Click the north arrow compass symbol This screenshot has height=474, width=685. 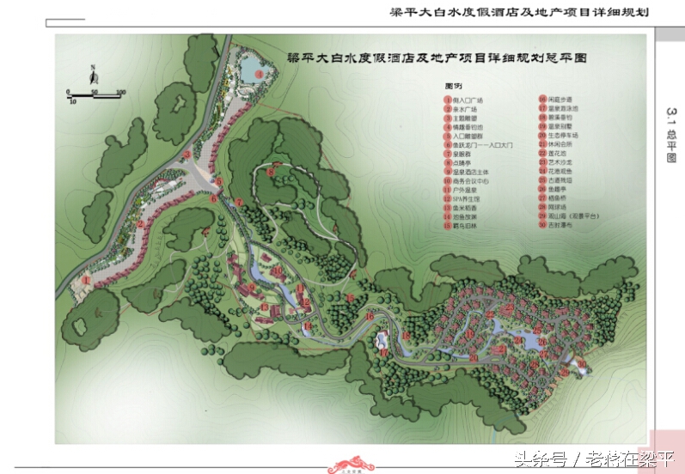point(91,75)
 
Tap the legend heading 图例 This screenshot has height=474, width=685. point(454,87)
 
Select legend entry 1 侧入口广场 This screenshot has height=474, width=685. point(472,100)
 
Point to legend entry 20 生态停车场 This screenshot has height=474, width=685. point(564,136)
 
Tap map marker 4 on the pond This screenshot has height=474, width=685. point(259,75)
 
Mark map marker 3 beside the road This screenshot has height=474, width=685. point(187,155)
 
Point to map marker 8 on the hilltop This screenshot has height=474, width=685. point(272,172)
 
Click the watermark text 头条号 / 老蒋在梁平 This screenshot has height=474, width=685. point(593,459)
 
